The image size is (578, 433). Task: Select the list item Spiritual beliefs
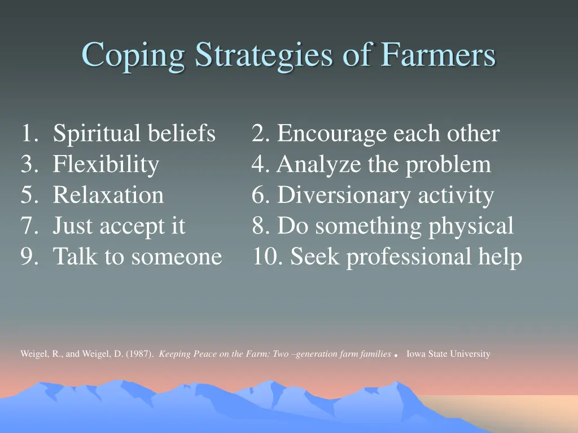point(134,134)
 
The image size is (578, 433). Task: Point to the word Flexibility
point(106,165)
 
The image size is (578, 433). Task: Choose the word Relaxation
point(108,195)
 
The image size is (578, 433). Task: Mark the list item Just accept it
point(119,226)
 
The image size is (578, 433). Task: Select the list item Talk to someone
point(137,257)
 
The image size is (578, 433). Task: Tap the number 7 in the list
point(27,226)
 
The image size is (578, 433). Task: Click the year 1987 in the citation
point(139,355)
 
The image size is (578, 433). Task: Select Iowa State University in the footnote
point(448,355)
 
